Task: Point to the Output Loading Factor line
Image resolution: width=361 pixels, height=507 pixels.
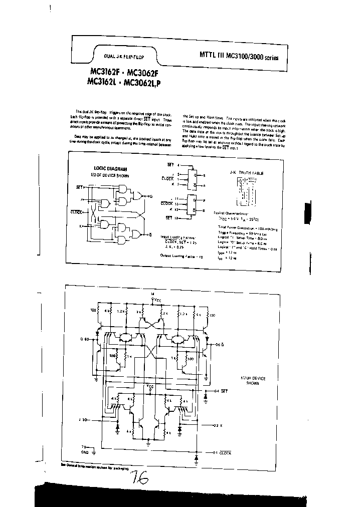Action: pyautogui.click(x=182, y=256)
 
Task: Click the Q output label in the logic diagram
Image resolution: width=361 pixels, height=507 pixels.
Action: pyautogui.click(x=150, y=196)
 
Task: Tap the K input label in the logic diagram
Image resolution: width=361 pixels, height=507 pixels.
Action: pyautogui.click(x=81, y=226)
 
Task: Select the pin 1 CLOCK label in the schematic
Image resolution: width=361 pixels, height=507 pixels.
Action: pyautogui.click(x=222, y=453)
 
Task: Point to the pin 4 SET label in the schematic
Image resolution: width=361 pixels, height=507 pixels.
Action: pyautogui.click(x=221, y=390)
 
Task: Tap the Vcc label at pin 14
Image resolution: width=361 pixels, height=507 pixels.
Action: pyautogui.click(x=157, y=300)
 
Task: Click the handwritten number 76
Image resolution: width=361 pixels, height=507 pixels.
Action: pyautogui.click(x=138, y=479)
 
